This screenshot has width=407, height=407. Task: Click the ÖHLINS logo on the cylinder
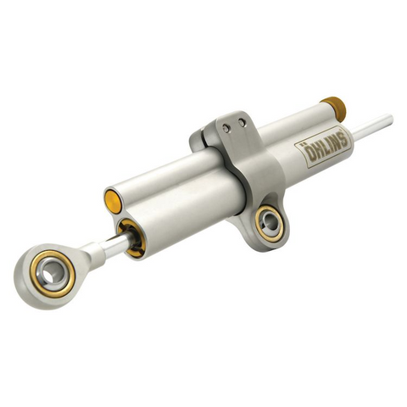click(x=321, y=148)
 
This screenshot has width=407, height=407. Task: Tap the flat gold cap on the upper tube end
click(x=111, y=200)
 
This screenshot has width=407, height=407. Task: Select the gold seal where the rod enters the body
click(x=129, y=234)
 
